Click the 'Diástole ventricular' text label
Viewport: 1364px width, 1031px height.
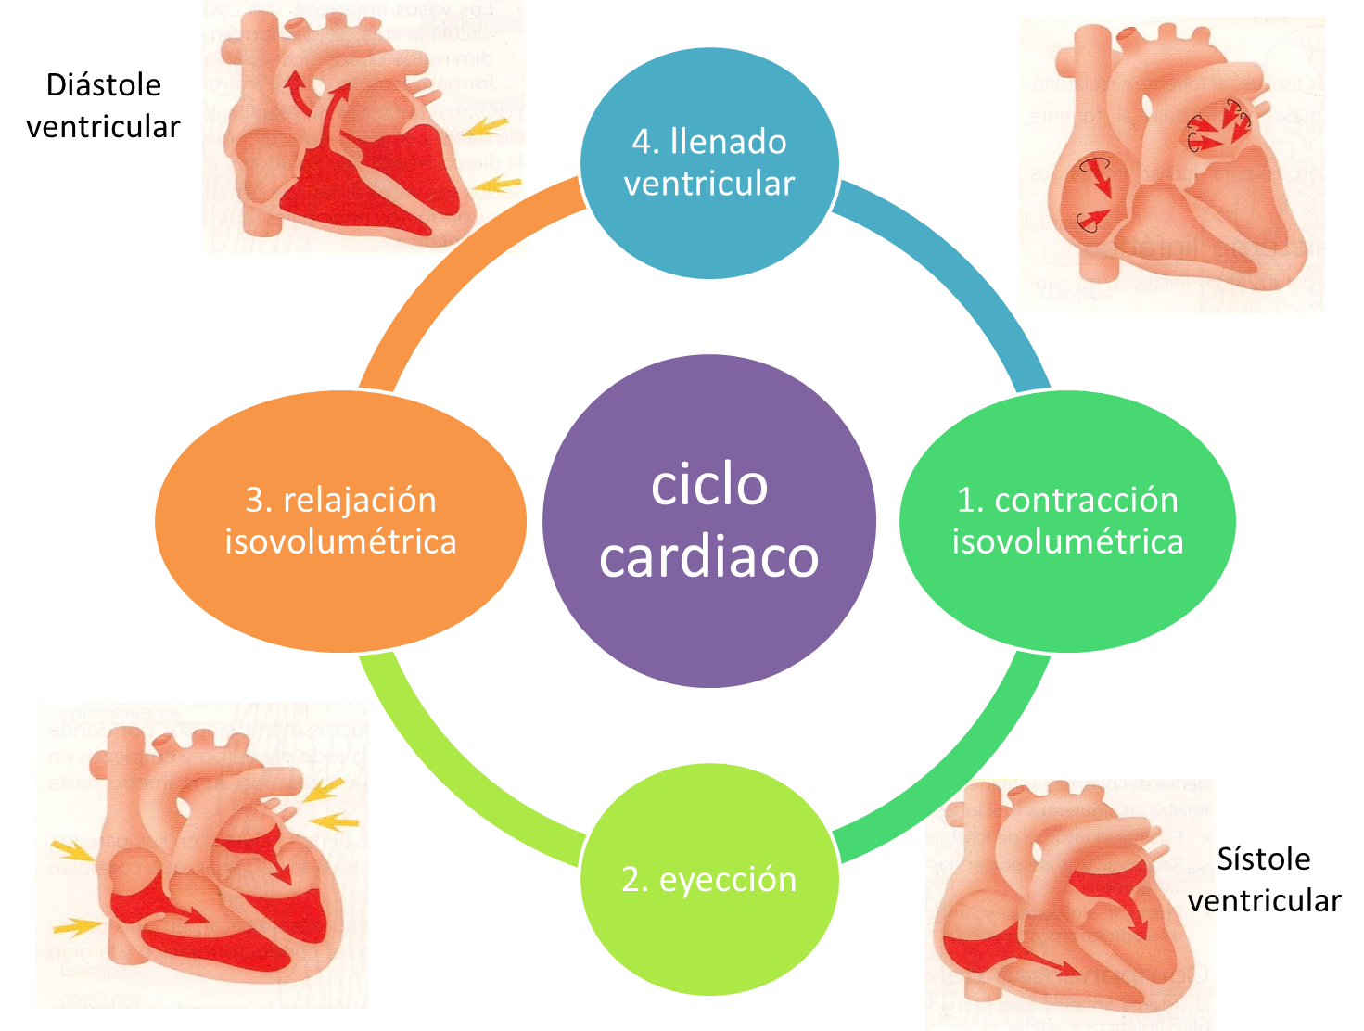(x=103, y=106)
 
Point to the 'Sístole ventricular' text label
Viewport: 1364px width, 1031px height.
(x=1265, y=880)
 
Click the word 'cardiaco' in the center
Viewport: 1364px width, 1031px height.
(x=709, y=556)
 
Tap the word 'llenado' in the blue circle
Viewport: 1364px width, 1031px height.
(x=729, y=142)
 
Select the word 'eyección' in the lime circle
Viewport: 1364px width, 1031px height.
(x=728, y=879)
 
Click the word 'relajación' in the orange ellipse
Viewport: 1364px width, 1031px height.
(x=359, y=500)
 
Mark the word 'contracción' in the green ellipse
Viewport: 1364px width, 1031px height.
(x=1086, y=500)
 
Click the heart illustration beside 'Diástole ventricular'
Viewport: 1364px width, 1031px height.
(x=363, y=126)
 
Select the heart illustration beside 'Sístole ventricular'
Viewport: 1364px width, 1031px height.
(x=1070, y=904)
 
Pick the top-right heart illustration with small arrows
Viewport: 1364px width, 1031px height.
(x=1171, y=164)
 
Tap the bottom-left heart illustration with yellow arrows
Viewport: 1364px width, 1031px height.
(x=201, y=855)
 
